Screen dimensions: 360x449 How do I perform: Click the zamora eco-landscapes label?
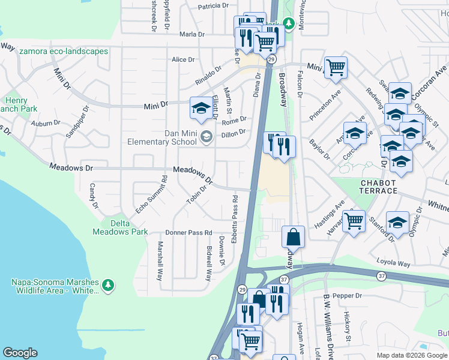point(64,51)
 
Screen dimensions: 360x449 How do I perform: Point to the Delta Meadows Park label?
point(120,227)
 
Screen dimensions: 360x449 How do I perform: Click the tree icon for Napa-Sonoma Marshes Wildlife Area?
point(108,286)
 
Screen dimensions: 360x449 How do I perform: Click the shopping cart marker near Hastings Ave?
point(354,220)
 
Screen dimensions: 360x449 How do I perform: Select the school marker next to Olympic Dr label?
point(397,221)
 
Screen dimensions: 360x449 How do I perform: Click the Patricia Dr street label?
point(214,5)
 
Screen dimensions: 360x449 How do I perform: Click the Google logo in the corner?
point(20,353)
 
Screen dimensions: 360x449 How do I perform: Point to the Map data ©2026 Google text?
point(411,355)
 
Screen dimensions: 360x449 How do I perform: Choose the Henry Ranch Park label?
point(19,105)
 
